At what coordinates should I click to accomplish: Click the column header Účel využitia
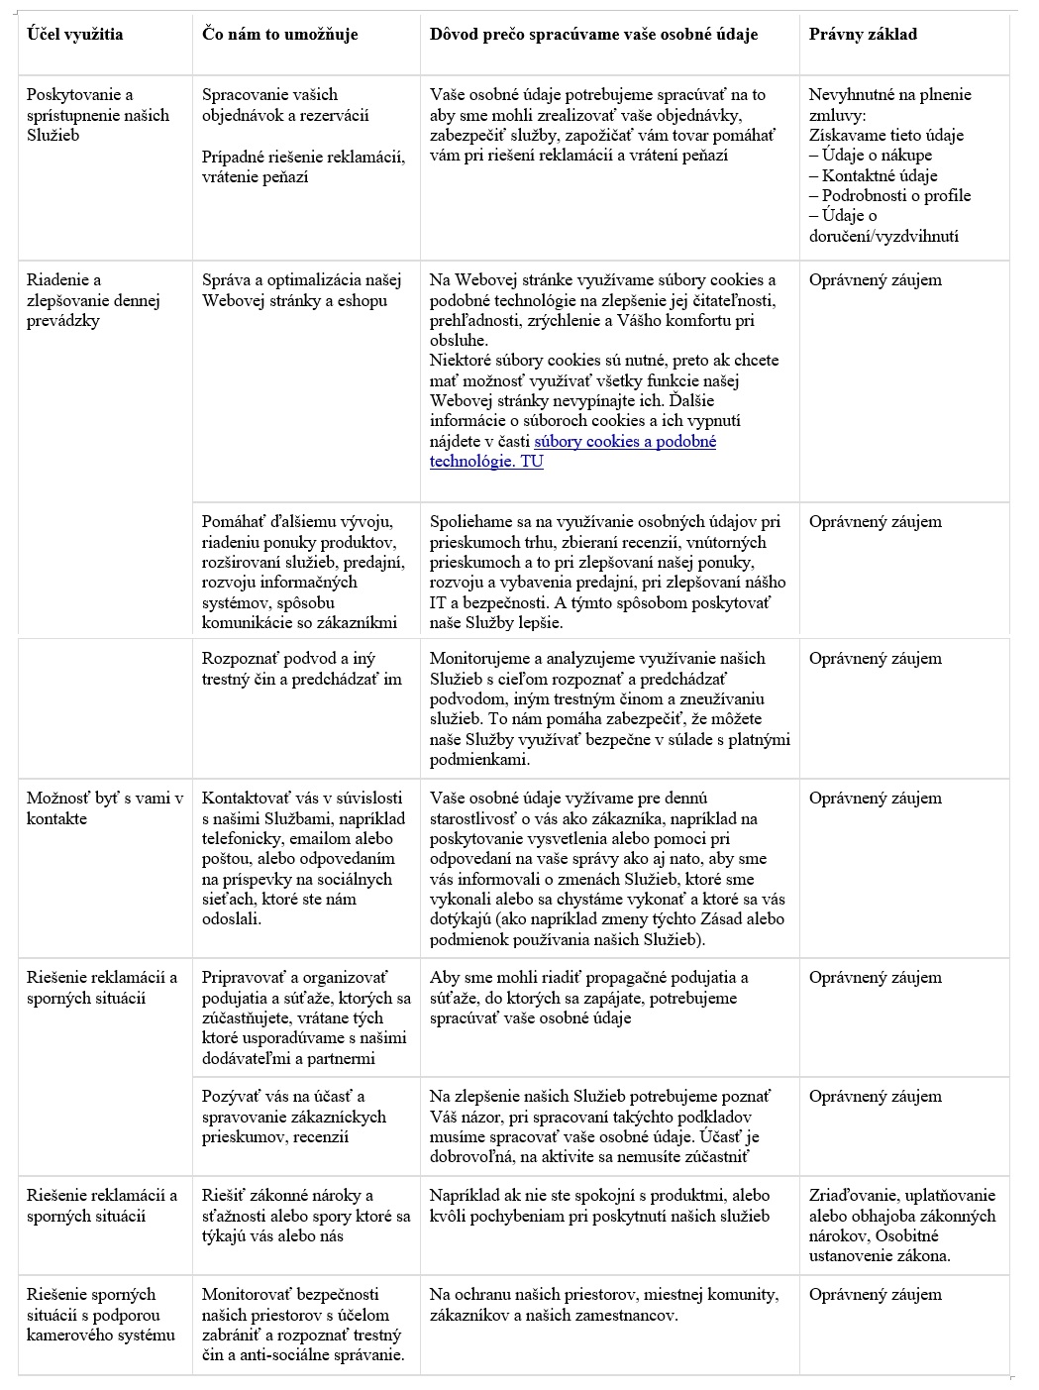[x=75, y=35]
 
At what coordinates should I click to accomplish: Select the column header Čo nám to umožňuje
[x=279, y=35]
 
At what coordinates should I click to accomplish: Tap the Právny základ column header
[x=863, y=35]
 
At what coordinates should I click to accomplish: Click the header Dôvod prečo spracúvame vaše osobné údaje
[x=593, y=35]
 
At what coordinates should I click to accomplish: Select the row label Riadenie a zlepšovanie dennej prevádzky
[x=93, y=300]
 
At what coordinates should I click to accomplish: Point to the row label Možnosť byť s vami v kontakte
[x=105, y=808]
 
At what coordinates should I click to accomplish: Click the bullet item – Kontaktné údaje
[x=873, y=175]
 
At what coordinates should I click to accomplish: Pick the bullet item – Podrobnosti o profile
[x=889, y=195]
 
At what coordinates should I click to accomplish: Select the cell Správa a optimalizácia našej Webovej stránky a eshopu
[x=294, y=290]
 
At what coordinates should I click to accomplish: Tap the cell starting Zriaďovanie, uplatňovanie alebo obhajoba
[x=901, y=1226]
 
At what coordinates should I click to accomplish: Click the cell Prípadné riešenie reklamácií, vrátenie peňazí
[x=303, y=166]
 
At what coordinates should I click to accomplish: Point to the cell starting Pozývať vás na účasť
[x=293, y=1117]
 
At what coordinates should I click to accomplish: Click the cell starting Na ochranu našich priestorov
[x=603, y=1305]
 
